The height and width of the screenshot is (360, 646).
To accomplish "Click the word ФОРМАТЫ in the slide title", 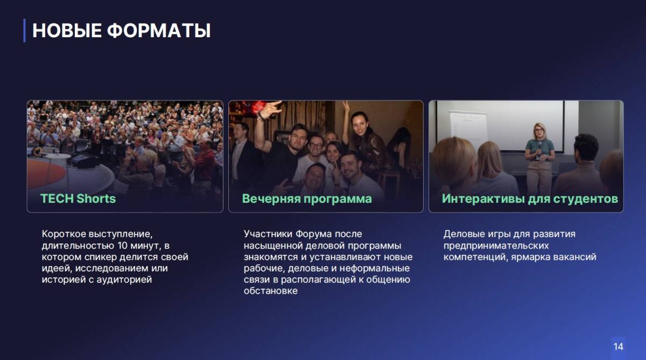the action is point(159,31).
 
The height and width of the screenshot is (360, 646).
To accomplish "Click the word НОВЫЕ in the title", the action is point(67,31).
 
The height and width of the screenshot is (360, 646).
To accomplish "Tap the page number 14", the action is point(619,347).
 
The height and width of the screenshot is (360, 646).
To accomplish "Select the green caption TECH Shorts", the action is point(78,199).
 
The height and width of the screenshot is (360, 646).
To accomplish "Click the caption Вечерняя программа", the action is point(307,199).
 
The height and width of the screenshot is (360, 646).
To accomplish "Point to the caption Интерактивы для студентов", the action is point(530,199).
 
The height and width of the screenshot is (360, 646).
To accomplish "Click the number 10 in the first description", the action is point(123,245).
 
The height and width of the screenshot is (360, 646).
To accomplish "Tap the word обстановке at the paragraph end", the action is point(270,291).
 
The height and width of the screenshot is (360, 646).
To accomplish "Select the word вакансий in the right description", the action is point(574,257).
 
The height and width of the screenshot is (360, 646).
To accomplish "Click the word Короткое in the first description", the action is point(64,234).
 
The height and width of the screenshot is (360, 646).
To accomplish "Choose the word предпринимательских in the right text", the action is point(496,245).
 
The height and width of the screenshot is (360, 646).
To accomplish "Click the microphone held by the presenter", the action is point(540,146).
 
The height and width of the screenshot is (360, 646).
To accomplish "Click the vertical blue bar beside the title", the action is point(25,31).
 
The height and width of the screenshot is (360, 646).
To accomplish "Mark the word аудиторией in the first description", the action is point(124,280).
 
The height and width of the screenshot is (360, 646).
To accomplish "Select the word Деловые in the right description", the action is point(463,234).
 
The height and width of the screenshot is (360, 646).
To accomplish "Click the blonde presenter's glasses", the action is point(539,130).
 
